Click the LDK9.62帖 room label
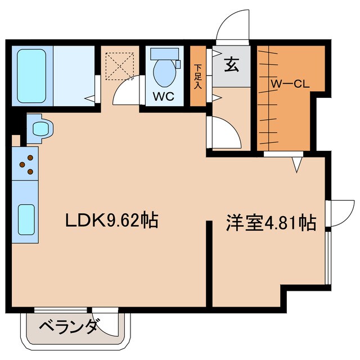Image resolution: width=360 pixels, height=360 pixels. [x=111, y=220]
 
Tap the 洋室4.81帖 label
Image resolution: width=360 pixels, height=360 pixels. [x=270, y=222]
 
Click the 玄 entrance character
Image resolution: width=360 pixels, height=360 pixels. [x=232, y=65]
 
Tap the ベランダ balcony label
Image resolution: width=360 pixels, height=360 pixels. [x=70, y=326]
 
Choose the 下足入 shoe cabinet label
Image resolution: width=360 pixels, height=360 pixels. [x=198, y=76]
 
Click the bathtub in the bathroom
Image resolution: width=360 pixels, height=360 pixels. [x=31, y=74]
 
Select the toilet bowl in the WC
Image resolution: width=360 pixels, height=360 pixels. [x=164, y=73]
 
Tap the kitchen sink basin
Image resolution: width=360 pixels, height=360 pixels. [x=26, y=220]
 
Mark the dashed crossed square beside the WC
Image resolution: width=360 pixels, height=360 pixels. [x=119, y=65]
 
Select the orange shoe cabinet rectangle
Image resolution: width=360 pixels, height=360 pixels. [x=198, y=77]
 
